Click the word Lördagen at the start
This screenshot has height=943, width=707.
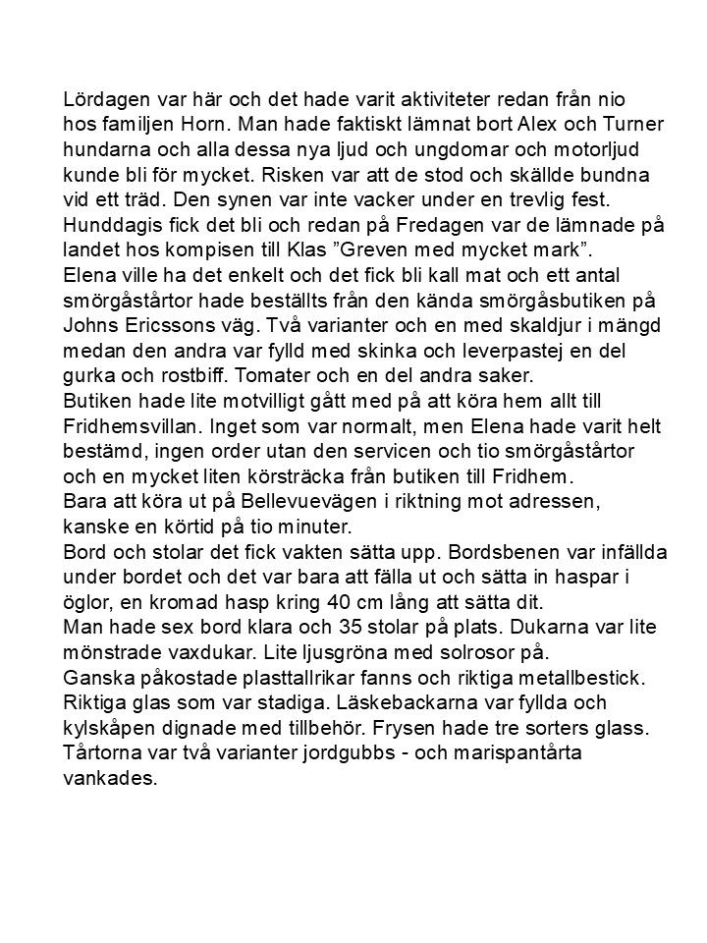pyautogui.click(x=108, y=101)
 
